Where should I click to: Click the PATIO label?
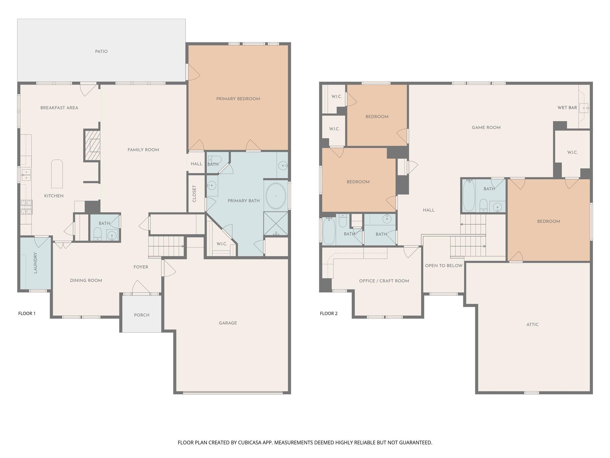point(101,52)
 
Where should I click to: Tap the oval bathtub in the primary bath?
point(276,196)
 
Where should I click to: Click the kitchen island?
point(57,174)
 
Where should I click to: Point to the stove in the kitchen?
point(27,207)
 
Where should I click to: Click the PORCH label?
point(142,315)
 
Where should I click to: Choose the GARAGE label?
point(228,323)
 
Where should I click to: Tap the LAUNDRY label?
point(35,263)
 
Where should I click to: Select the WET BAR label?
point(567,108)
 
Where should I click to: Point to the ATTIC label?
point(533,324)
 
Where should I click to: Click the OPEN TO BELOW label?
point(444,266)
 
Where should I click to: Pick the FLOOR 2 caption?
point(329,313)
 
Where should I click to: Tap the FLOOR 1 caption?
point(27,313)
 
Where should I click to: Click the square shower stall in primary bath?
point(276,224)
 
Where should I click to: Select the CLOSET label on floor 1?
point(194,194)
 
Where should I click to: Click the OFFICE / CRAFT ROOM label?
point(384,281)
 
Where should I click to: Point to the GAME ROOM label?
point(486,128)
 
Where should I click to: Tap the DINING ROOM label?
point(86,281)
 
